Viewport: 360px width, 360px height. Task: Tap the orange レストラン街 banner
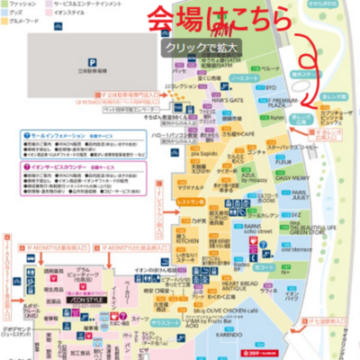191,203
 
